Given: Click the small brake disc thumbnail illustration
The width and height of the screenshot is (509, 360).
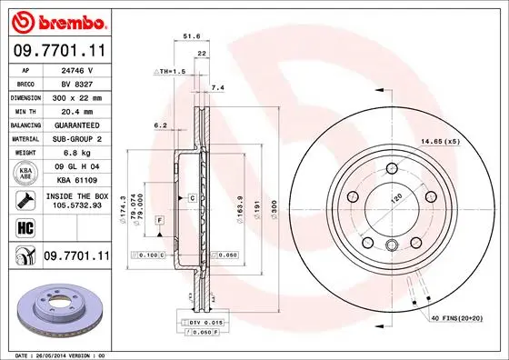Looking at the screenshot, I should [x=56, y=309].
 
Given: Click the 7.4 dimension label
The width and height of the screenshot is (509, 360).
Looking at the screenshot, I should [x=217, y=87].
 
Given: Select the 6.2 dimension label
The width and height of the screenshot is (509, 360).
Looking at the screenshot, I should [x=160, y=125].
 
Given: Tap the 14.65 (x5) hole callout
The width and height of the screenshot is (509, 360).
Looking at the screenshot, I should [x=439, y=141].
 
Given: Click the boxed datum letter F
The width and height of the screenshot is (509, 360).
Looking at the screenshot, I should [x=158, y=222].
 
